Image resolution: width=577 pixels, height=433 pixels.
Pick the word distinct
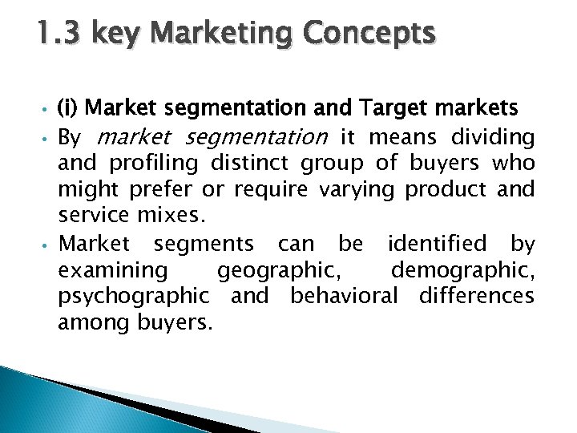point(251,164)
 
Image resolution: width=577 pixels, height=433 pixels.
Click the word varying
point(357,191)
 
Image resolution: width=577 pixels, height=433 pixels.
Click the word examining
point(112,269)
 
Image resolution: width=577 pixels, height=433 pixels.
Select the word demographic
point(462,269)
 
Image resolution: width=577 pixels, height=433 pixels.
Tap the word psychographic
point(133,296)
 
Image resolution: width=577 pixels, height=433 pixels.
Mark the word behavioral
point(344,295)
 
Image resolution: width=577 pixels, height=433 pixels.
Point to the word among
point(89,322)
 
